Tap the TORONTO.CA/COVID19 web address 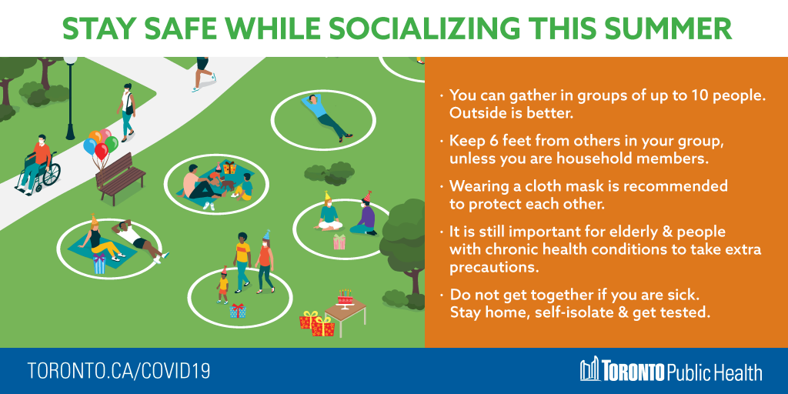coord(119,371)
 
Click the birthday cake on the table coord(346,299)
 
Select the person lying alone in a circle coord(326,117)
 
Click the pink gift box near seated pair coord(339,242)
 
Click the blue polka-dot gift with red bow coord(239,311)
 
